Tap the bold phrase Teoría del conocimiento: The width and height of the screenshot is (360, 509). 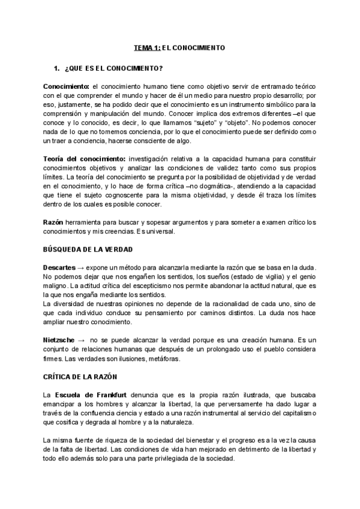coord(80,158)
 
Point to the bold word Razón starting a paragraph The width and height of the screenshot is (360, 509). coord(53,222)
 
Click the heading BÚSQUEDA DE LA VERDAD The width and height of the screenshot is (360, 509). coord(88,248)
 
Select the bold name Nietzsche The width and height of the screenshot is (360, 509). coord(59,340)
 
